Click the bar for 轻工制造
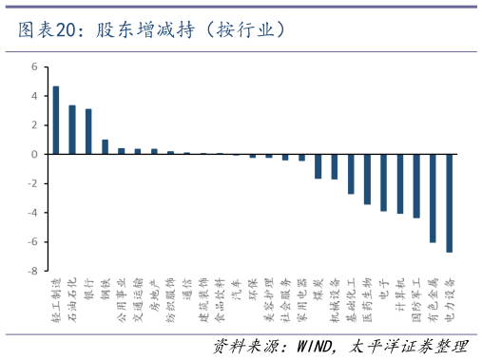56,120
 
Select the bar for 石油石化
72,129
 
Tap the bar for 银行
88,131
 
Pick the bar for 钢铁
106,146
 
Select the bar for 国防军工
416,185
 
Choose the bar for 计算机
400,183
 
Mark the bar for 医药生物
367,179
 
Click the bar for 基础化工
351,174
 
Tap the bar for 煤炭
318,166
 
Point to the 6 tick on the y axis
33,67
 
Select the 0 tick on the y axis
33,154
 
